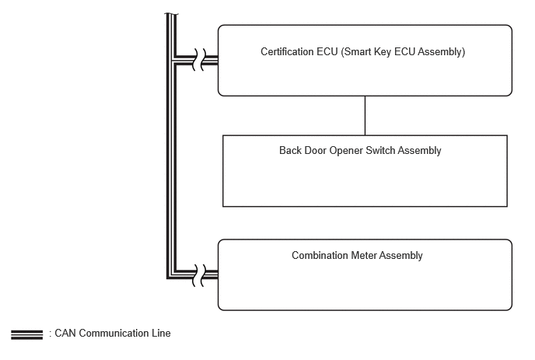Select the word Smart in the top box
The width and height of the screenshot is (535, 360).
tap(356, 51)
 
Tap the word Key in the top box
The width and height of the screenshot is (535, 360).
tap(383, 52)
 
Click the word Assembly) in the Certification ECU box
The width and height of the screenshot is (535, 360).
tap(442, 52)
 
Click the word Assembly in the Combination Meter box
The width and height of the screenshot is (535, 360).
tap(401, 257)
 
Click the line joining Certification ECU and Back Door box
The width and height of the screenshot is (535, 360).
tap(365, 116)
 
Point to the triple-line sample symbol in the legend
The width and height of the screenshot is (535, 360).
tap(27, 335)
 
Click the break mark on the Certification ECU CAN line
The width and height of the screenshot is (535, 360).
tap(200, 60)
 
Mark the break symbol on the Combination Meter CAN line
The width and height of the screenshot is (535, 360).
tap(200, 275)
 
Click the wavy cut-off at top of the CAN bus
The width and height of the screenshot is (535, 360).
tap(172, 14)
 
